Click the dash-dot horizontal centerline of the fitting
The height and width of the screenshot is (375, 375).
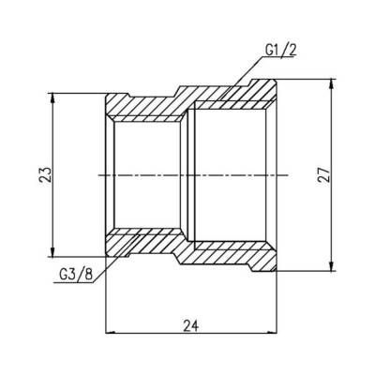(x=187, y=175)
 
